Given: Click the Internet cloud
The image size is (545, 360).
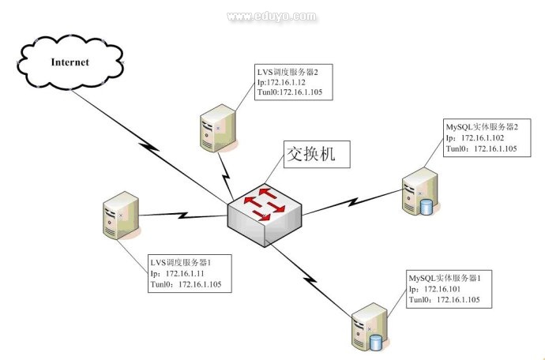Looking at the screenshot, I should (70, 61).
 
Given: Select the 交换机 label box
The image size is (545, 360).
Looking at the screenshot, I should (310, 154).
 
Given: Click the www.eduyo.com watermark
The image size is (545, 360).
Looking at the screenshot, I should (272, 15).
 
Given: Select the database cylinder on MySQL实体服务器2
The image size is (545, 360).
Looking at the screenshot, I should (427, 207).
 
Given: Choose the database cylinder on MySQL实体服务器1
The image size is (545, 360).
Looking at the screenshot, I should (376, 343).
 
